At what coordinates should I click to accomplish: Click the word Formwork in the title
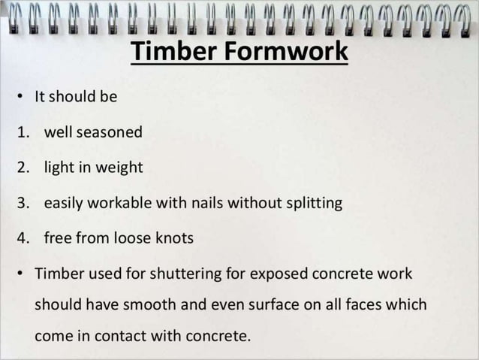(x=285, y=53)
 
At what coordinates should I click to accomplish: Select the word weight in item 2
(x=121, y=168)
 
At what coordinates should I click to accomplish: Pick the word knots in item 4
(x=175, y=238)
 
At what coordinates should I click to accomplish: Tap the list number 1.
(x=23, y=132)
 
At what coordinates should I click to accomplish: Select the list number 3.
(x=23, y=203)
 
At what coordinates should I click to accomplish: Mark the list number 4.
(x=23, y=238)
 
